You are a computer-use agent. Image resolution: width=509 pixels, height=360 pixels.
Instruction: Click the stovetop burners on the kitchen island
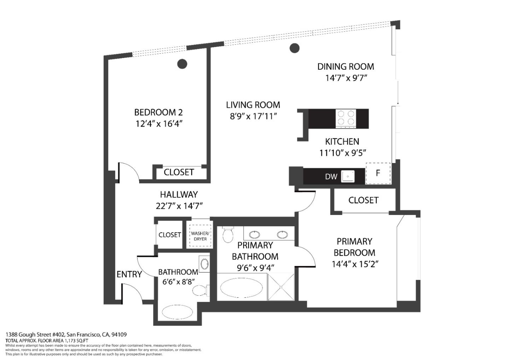pos(346,118)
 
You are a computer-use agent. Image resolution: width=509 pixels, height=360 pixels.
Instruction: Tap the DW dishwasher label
pos(331,176)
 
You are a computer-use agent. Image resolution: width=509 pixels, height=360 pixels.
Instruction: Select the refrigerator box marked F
pos(378,173)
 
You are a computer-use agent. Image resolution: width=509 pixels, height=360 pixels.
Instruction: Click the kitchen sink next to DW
pos(348,176)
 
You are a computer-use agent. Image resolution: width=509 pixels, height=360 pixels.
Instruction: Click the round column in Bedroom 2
pos(182,64)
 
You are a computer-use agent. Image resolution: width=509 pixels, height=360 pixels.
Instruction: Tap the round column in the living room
pos(294,48)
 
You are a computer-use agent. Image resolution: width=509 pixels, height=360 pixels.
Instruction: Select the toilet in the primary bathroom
pos(228,234)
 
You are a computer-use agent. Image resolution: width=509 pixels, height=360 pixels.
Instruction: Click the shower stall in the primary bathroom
pos(281,287)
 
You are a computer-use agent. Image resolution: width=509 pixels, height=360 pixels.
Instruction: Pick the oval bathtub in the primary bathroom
pos(241,287)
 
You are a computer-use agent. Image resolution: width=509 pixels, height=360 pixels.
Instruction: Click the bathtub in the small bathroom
pos(177,312)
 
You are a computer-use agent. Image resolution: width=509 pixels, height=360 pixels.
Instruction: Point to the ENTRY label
pos(129,274)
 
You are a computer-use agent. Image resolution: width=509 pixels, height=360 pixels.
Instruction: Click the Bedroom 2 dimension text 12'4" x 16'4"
pos(158,124)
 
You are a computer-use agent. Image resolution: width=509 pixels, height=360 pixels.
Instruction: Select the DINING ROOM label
pos(345,66)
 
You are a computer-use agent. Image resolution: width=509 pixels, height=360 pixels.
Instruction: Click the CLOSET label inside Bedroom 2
pos(179,172)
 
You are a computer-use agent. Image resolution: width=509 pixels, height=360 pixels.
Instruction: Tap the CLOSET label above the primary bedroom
pos(363,200)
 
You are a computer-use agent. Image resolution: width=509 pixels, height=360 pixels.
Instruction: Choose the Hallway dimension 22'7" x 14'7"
pos(179,206)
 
